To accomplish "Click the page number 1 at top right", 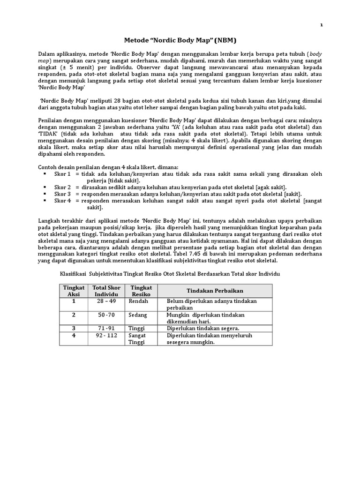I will (x=322, y=25).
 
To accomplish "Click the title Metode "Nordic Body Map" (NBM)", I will (x=180, y=41).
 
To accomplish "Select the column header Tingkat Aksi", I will (x=73, y=290).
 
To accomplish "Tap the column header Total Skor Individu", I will (x=107, y=290).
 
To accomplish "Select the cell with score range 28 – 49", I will (x=107, y=301).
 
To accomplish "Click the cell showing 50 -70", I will (x=107, y=315).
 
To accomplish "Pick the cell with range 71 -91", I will (x=107, y=328).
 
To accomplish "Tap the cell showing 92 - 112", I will (x=107, y=336).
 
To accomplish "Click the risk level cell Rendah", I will (x=139, y=301).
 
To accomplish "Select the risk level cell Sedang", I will (x=138, y=315).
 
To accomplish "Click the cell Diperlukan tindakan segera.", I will (x=203, y=328).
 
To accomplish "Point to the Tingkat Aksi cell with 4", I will (x=73, y=336).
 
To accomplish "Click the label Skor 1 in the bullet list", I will (x=62, y=174).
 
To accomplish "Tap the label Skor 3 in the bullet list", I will (x=62, y=194).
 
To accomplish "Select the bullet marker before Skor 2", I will (x=45, y=187).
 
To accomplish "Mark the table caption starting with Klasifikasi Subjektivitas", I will (x=170, y=273).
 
